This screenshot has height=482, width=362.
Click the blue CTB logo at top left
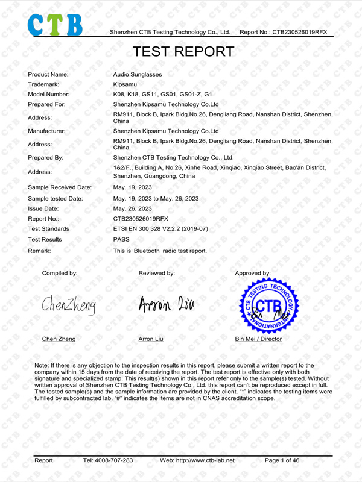54,22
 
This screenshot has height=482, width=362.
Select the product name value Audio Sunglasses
138,74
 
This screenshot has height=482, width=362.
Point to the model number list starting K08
163,95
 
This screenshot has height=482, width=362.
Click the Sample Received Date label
60,187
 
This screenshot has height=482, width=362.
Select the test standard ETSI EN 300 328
160,229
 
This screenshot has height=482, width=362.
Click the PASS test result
121,239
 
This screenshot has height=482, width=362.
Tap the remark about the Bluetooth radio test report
160,250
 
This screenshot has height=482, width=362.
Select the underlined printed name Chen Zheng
59,339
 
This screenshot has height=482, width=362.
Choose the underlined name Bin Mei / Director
258,339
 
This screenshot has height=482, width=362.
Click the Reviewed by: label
156,274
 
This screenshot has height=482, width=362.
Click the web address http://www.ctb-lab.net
197,460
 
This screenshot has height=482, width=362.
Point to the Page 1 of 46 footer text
282,460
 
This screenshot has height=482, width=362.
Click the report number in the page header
283,31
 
